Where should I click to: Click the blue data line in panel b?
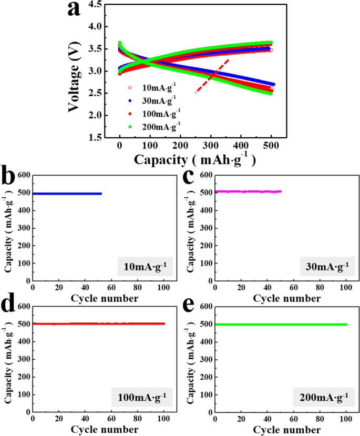pos(67,194)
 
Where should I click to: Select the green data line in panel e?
pos(281,325)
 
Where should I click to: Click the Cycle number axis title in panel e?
pos(286,429)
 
